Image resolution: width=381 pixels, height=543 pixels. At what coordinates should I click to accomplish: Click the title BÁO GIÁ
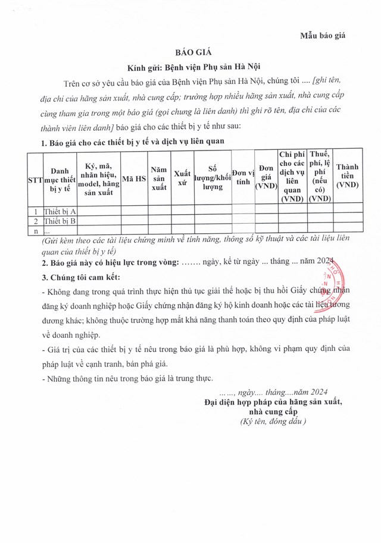[x=190, y=53]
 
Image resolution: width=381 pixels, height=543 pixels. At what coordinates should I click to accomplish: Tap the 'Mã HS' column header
[x=134, y=178]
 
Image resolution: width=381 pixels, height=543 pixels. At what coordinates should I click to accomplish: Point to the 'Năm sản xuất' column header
[x=159, y=178]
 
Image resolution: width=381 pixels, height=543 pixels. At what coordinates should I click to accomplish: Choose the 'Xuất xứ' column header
[x=182, y=178]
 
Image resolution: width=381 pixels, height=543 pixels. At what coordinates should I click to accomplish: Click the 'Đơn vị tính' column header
[x=242, y=178]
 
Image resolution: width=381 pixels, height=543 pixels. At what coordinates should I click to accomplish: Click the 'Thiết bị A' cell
[x=60, y=211]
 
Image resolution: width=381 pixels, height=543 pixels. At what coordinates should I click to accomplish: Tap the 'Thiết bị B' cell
[x=60, y=221]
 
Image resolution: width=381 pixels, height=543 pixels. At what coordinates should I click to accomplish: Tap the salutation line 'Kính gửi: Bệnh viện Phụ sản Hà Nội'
[x=190, y=68]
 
